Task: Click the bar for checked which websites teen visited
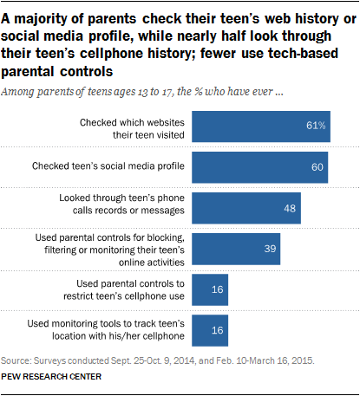(261, 126)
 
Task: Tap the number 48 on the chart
(290, 209)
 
